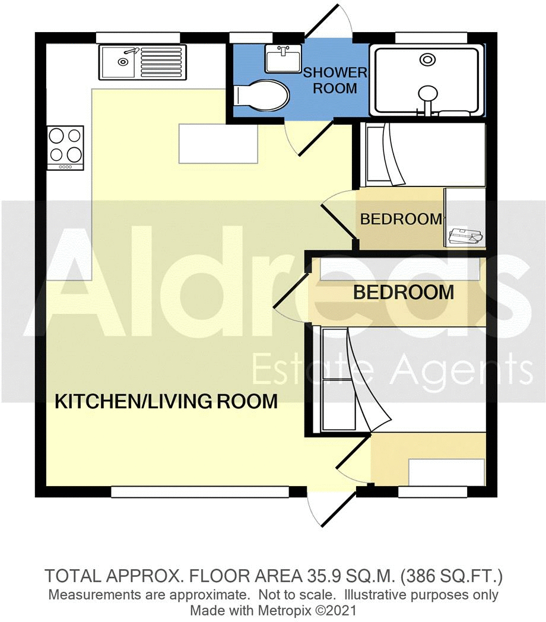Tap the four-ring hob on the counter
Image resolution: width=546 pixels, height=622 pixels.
[x=65, y=145]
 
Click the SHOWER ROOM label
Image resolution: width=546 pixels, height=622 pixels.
[x=335, y=81]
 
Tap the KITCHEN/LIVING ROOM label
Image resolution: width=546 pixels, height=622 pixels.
[x=166, y=402]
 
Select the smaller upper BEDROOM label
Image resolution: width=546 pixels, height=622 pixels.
[x=401, y=219]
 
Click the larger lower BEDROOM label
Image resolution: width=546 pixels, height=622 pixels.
[x=404, y=293]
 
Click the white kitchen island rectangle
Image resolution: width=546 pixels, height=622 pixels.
[x=218, y=143]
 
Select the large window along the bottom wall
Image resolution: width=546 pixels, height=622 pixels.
[x=199, y=491]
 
